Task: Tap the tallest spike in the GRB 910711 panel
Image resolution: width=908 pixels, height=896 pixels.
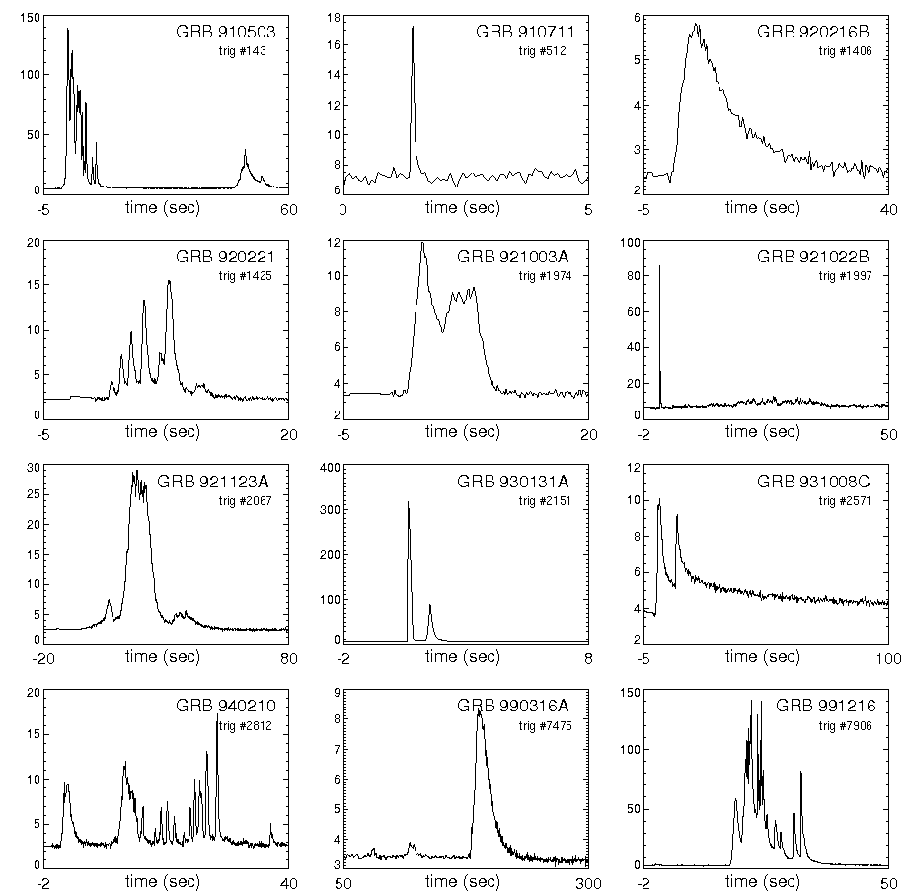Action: pos(413,28)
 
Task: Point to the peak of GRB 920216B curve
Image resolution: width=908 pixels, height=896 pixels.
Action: pos(696,25)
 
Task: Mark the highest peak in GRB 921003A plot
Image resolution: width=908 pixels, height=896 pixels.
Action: pos(422,243)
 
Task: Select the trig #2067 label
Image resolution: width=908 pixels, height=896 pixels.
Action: pos(245,500)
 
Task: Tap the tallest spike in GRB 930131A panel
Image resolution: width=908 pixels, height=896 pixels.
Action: pos(409,502)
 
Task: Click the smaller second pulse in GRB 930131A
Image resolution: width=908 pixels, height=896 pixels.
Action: pos(430,606)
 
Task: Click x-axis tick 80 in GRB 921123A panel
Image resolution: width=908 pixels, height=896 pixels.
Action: pos(286,657)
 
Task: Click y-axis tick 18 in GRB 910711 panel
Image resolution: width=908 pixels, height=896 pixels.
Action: pos(334,18)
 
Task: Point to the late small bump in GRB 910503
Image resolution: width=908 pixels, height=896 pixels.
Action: pos(245,152)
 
